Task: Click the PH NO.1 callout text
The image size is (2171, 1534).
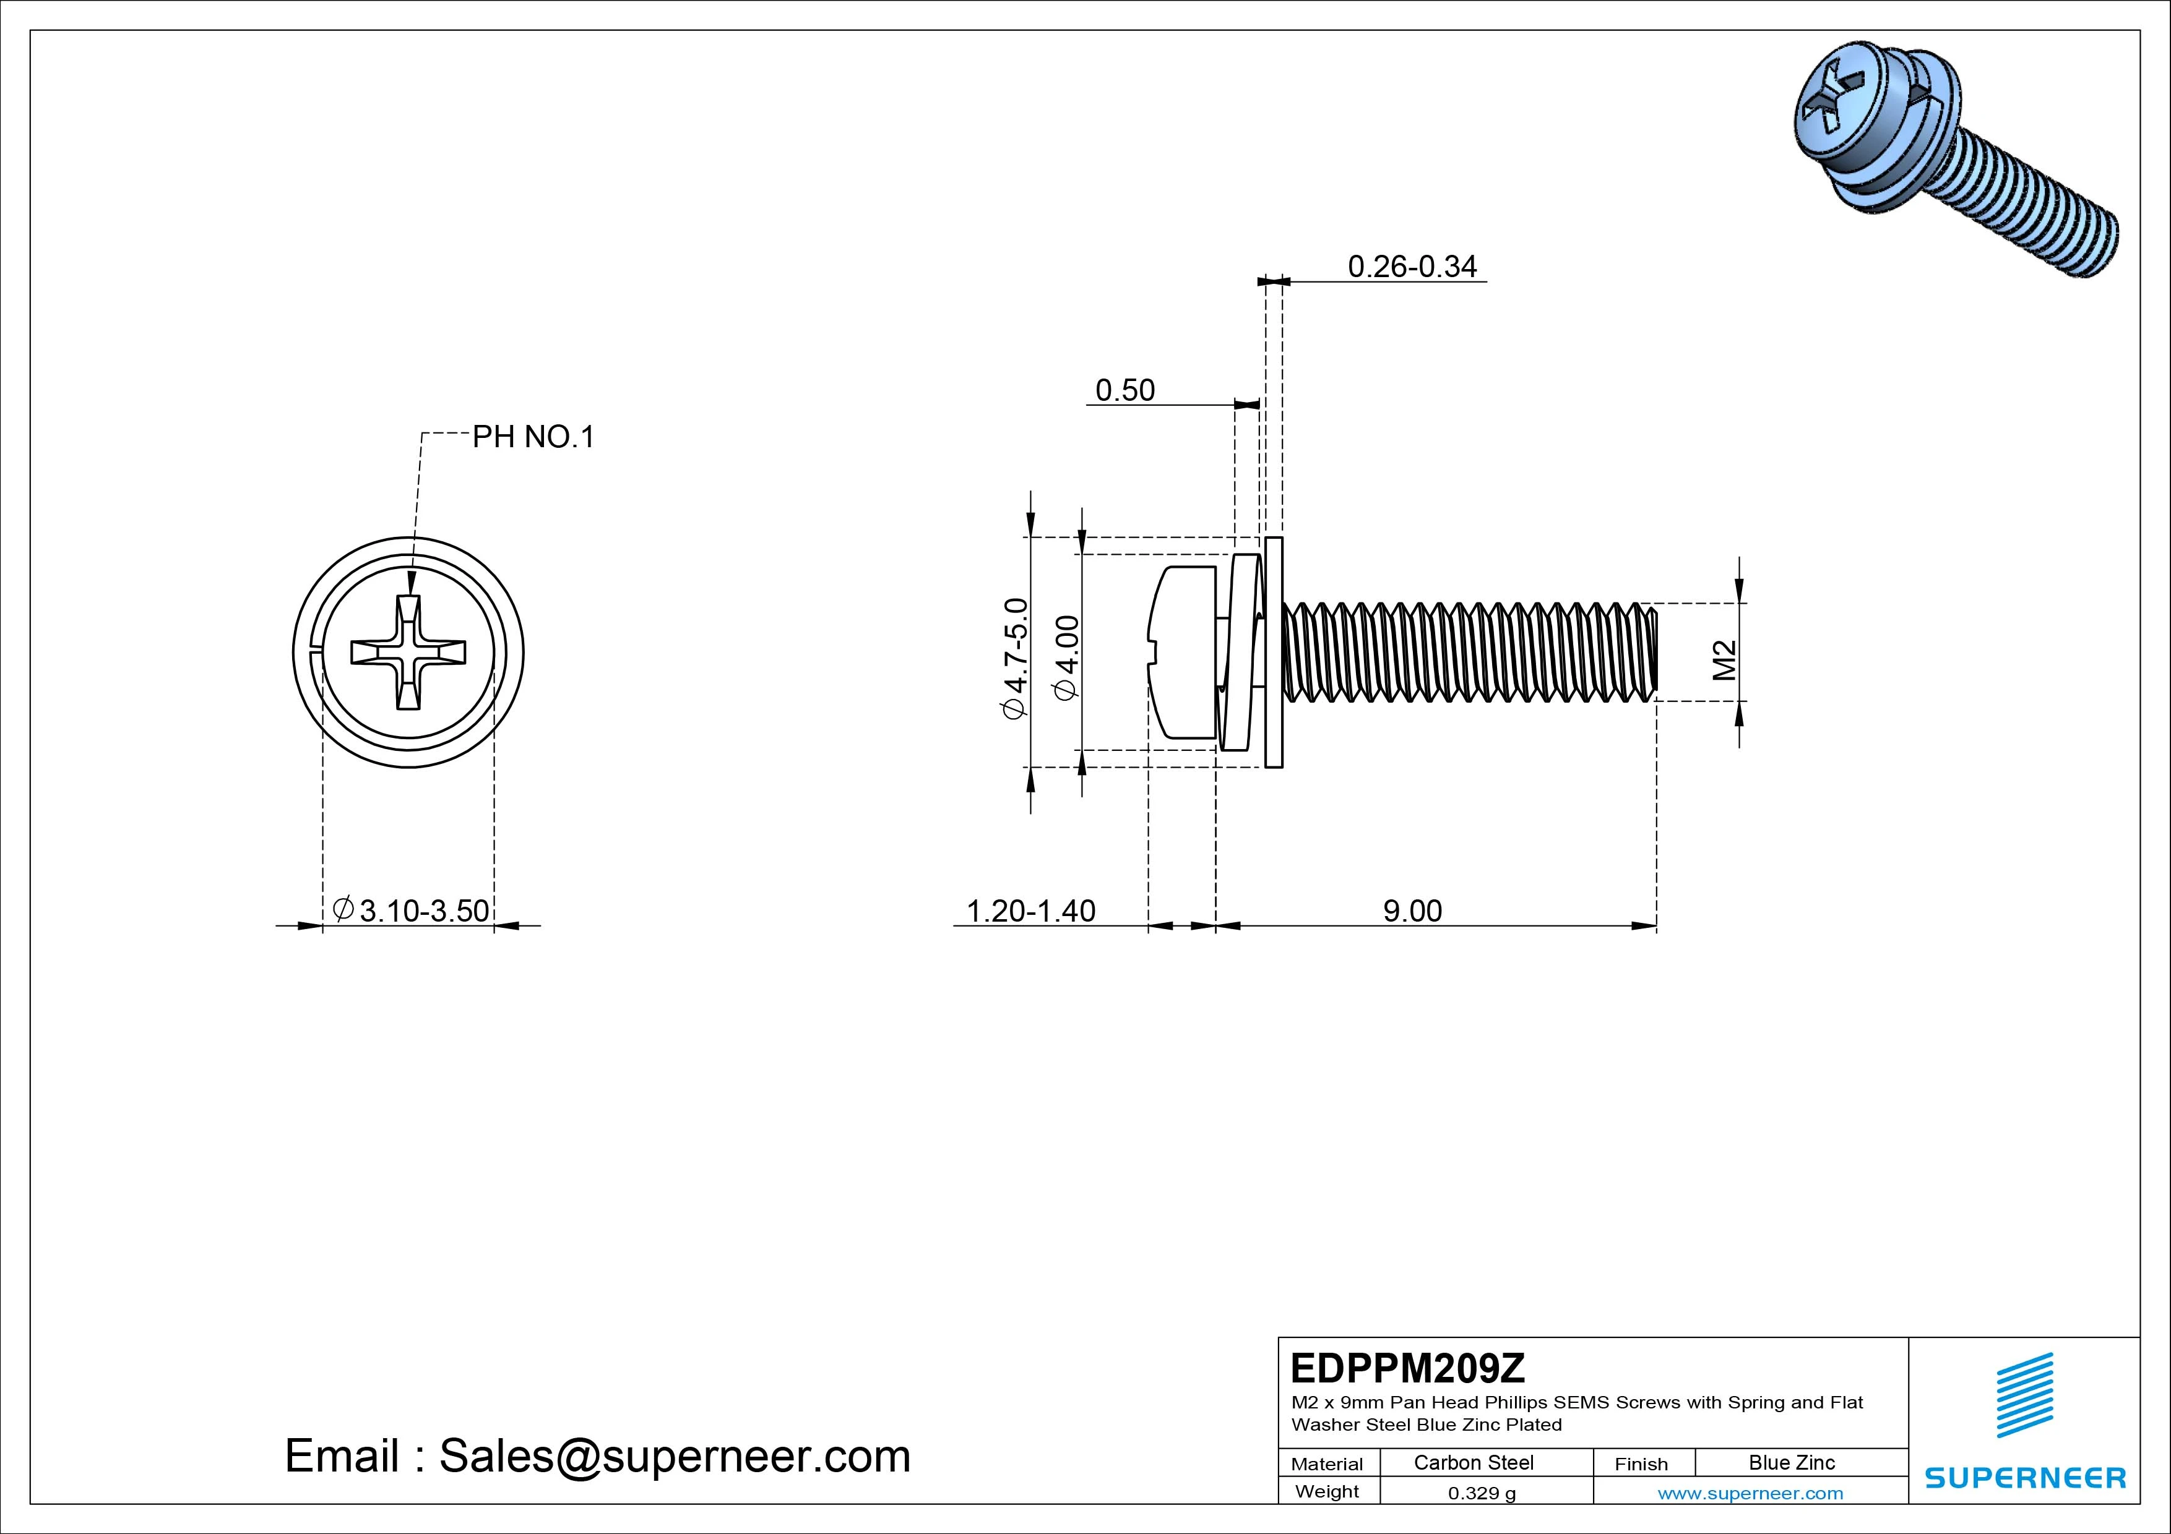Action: pyautogui.click(x=533, y=437)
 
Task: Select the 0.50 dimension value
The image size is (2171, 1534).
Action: pyautogui.click(x=1124, y=390)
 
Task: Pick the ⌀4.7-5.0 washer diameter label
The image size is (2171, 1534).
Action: pyautogui.click(x=1014, y=658)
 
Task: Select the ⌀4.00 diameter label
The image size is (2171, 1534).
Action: pyautogui.click(x=1066, y=658)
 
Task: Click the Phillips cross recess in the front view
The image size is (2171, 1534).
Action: pyautogui.click(x=408, y=652)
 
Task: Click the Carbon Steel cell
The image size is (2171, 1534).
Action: pyautogui.click(x=1473, y=1462)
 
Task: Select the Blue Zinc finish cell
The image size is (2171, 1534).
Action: pyautogui.click(x=1791, y=1462)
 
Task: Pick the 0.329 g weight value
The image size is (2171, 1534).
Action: pyautogui.click(x=1482, y=1493)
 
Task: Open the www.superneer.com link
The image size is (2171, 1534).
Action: pyautogui.click(x=1750, y=1493)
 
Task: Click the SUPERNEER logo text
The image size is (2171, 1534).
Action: pyautogui.click(x=2026, y=1477)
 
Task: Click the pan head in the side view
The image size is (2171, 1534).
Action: pyautogui.click(x=1182, y=652)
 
